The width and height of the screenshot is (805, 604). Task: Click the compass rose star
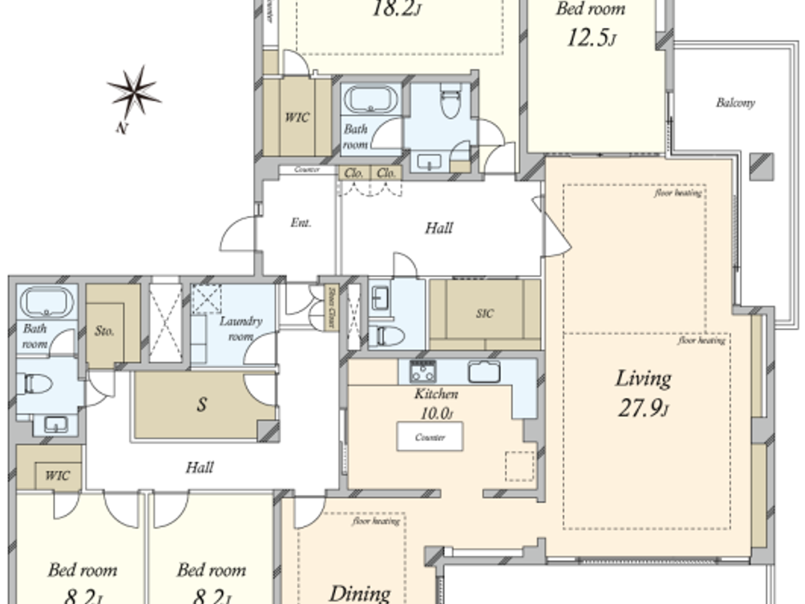click(x=133, y=92)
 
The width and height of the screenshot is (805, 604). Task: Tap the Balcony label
click(x=735, y=103)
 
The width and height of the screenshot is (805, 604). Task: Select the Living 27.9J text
click(x=643, y=393)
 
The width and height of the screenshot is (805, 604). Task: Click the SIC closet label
click(x=485, y=314)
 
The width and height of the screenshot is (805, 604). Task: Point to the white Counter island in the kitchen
click(x=430, y=437)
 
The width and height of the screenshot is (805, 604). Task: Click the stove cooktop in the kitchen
click(x=423, y=372)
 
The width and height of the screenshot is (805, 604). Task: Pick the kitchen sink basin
click(x=484, y=372)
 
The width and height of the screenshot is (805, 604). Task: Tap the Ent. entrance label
click(x=301, y=223)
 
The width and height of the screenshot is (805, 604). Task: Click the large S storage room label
click(x=201, y=404)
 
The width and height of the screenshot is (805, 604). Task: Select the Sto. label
click(x=104, y=331)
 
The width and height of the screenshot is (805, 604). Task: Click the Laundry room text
click(x=241, y=328)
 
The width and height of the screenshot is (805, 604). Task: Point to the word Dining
click(x=360, y=592)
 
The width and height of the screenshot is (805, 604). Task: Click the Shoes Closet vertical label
click(x=331, y=308)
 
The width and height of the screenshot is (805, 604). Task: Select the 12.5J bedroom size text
click(x=591, y=38)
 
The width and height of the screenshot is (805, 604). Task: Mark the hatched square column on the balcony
click(x=762, y=166)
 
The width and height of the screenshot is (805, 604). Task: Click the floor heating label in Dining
click(x=376, y=521)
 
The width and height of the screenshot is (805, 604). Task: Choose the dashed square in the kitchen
click(x=520, y=466)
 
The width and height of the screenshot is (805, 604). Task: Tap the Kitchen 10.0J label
click(x=436, y=403)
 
